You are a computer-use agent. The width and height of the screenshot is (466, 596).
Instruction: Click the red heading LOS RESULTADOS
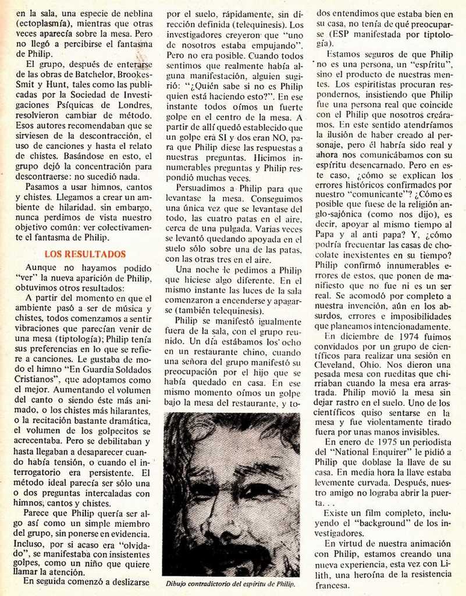coord(85,254)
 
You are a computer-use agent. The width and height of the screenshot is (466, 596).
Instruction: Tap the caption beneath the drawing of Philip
coord(231,583)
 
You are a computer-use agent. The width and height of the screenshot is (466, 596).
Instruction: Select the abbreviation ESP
coord(339,33)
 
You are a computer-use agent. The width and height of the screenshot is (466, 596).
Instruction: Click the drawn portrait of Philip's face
coord(231,495)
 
